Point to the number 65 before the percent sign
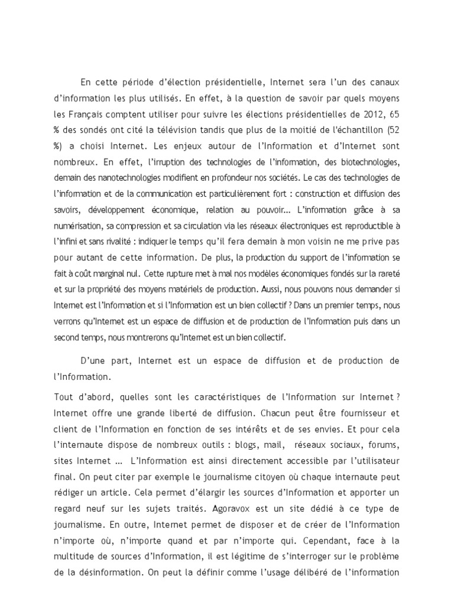pos(389,112)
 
